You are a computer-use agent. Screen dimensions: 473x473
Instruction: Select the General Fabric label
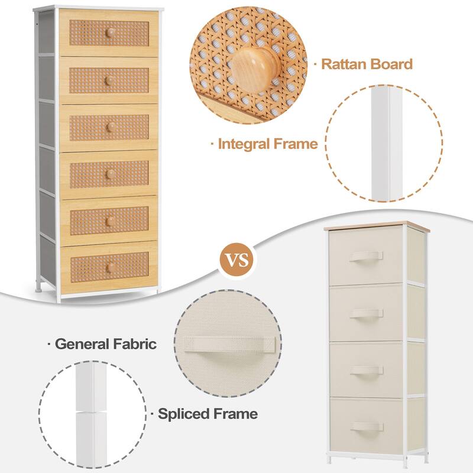[x=106, y=344]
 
